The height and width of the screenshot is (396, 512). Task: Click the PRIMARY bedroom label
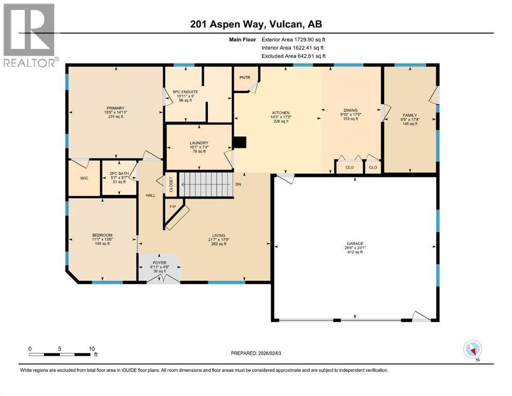(x=116, y=108)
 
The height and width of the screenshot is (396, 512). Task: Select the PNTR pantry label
(x=244, y=77)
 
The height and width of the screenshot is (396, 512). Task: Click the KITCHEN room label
(x=281, y=113)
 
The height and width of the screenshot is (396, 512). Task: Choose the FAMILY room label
(x=409, y=115)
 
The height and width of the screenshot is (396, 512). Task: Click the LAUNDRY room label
(x=199, y=143)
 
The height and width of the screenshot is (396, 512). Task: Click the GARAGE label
(x=355, y=243)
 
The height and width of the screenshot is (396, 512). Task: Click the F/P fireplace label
(x=173, y=206)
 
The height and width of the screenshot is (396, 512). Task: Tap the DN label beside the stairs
(x=238, y=184)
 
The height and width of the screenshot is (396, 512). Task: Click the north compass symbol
(x=473, y=350)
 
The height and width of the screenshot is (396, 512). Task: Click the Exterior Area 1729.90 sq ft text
(x=293, y=39)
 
